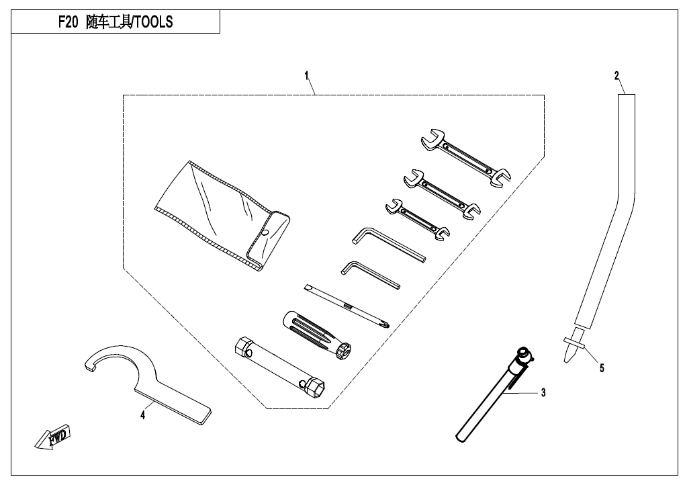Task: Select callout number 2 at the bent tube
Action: pos(616,75)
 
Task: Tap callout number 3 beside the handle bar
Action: pos(543,392)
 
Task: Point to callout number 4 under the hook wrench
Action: pos(142,415)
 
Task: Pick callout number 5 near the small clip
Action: pos(602,368)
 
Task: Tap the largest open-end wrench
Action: pos(466,159)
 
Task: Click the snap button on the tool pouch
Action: pos(266,233)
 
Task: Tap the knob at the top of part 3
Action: pos(523,353)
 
